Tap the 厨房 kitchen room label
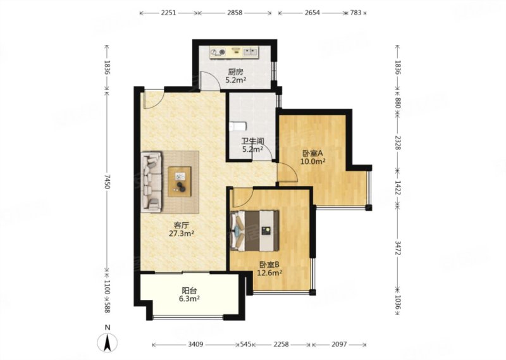point(235,72)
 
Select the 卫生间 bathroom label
point(254,141)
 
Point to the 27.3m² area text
point(182,233)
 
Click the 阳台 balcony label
point(189,290)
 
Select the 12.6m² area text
point(270,273)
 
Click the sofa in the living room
point(151,182)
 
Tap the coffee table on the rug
point(180,182)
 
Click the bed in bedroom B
point(255,230)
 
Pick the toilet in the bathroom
point(238,127)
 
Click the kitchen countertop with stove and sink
point(234,53)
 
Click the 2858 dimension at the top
point(235,13)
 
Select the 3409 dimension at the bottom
point(195,345)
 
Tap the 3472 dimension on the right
point(398,247)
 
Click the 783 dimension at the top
point(355,13)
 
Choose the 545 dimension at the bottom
point(245,345)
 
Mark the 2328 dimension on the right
point(398,142)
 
